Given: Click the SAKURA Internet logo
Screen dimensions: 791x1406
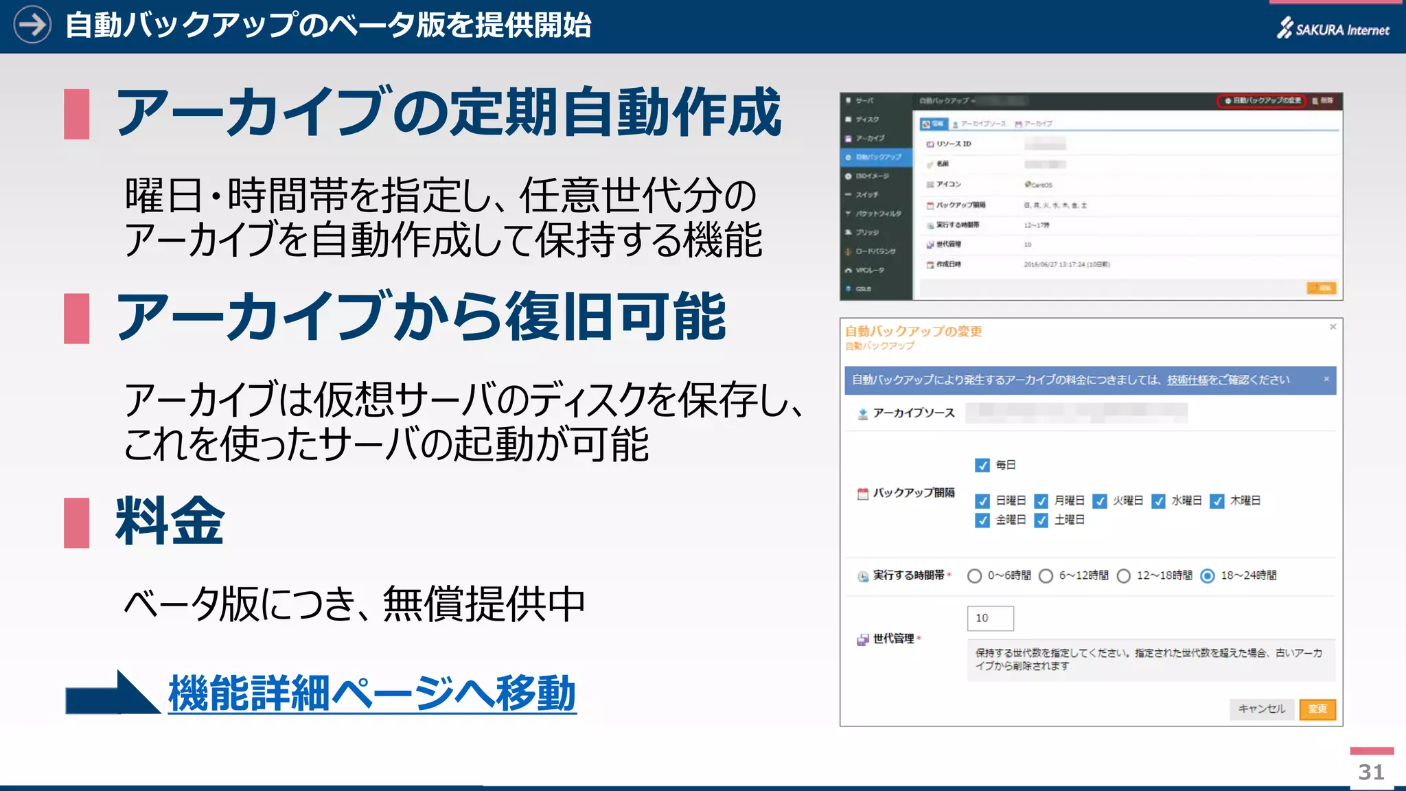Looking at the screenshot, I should [x=1333, y=29].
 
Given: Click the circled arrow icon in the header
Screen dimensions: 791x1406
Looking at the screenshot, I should [x=32, y=25].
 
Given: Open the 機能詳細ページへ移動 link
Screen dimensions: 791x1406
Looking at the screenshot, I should [x=371, y=693].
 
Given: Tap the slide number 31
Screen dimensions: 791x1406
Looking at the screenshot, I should [x=1371, y=772].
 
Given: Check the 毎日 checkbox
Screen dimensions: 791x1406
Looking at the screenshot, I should [x=982, y=466].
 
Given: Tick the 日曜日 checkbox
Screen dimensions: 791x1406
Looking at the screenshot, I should [x=982, y=501].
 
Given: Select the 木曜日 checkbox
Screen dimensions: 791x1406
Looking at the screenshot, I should [x=1217, y=501].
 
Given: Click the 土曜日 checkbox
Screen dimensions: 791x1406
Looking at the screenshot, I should [x=1041, y=520].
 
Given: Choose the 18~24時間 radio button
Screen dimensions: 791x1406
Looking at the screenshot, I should [x=1208, y=576].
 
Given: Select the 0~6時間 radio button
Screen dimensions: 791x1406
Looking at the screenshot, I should [x=974, y=576].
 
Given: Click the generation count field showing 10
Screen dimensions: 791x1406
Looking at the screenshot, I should [x=990, y=618].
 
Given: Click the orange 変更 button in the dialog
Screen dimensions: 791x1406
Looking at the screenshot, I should [x=1317, y=709].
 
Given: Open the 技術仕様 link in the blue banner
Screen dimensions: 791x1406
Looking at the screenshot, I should [x=1187, y=380].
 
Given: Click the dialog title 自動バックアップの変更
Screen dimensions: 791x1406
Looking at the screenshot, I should [x=913, y=332].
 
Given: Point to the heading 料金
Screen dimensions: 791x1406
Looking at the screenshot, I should [x=170, y=521].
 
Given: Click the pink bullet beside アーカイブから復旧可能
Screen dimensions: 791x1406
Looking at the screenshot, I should [x=76, y=318].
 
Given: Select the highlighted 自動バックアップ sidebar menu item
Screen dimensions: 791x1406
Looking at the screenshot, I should [x=877, y=157].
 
